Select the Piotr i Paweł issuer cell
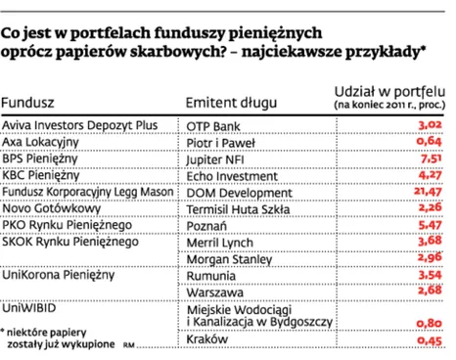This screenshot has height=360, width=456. (221, 144)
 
